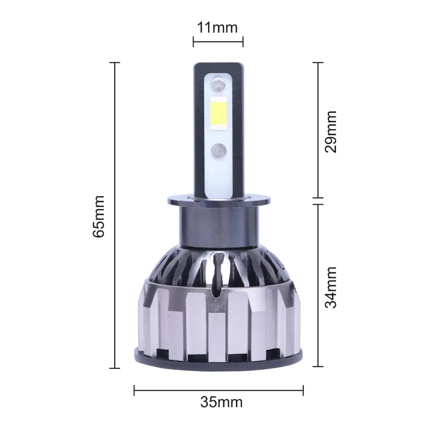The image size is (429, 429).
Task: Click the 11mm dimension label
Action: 218,28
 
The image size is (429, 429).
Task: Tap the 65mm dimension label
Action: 99,216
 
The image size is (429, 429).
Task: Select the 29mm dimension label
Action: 330,132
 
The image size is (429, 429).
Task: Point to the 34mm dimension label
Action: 330,287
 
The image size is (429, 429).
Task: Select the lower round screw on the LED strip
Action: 219,150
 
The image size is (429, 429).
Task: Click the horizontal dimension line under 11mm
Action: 218,42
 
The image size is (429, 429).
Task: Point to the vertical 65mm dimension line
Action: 115,215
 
